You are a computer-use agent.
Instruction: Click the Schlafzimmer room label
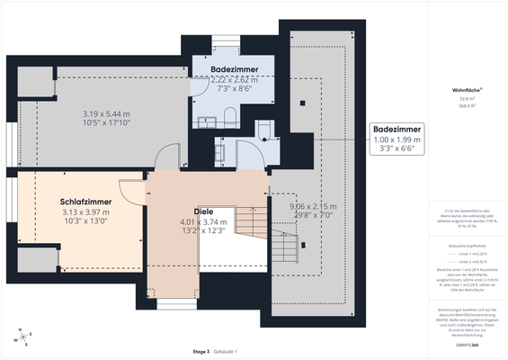85,202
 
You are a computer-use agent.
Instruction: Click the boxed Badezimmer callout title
397,130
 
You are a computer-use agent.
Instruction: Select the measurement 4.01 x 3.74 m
203,222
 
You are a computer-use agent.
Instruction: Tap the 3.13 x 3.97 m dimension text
85,212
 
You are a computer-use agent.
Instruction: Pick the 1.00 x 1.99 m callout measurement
397,141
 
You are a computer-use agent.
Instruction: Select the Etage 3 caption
201,351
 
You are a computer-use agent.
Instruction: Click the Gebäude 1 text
225,351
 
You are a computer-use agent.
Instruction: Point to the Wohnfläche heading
467,91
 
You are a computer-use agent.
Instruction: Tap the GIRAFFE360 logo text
467,345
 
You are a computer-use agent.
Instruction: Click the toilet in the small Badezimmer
264,132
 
